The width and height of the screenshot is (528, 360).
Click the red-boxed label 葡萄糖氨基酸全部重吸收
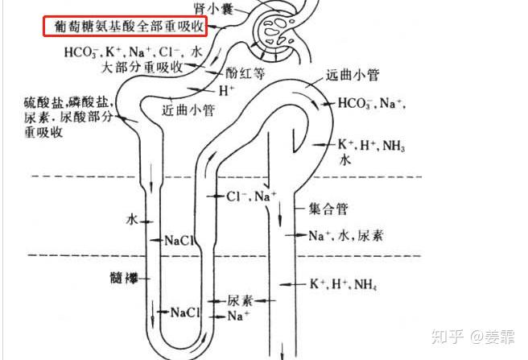point(125,28)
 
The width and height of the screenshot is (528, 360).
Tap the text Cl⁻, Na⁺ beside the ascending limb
point(251,196)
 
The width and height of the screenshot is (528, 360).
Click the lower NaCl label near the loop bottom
point(184,312)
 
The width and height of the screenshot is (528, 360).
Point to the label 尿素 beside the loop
point(240,300)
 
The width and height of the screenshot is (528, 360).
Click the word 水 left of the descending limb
point(132,219)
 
